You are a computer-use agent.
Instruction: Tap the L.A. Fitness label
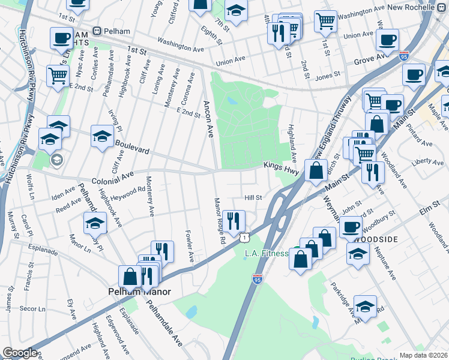[267, 254]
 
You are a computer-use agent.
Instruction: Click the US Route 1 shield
[244, 239]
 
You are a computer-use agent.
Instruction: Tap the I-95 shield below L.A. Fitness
[258, 280]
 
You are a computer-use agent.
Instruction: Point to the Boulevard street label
[131, 148]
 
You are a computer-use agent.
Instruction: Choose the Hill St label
[253, 197]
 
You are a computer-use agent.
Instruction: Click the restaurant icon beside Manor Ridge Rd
[234, 220]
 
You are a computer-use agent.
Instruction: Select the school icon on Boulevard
[102, 136]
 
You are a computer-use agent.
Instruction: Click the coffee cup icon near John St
[351, 227]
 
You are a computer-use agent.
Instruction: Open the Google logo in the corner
[19, 353]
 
